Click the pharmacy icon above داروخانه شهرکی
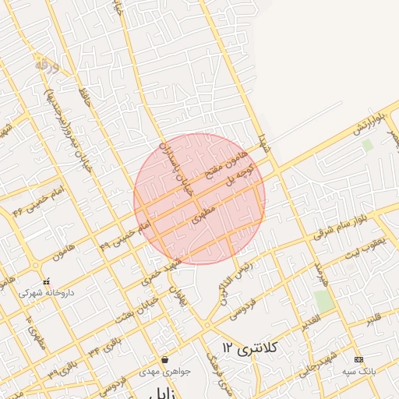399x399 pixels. [x=46, y=281]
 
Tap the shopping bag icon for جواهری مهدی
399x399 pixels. [x=165, y=360]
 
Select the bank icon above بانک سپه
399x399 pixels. [x=358, y=359]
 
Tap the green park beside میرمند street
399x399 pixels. [x=323, y=301]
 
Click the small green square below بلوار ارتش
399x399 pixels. [x=368, y=144]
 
